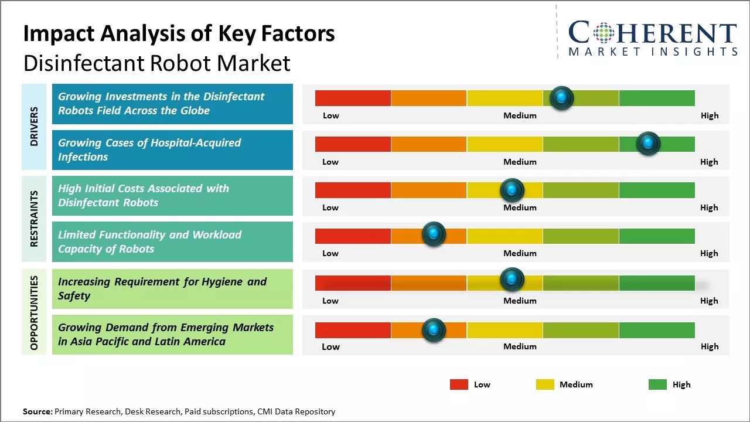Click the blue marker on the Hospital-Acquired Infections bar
coord(648,144)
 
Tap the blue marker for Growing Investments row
coord(562,98)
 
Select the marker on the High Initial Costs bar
coord(512,190)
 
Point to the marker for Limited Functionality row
coord(434,234)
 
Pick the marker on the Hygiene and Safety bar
coord(512,280)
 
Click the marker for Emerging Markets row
coord(434,330)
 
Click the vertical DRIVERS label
coord(34,127)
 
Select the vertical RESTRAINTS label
coord(34,219)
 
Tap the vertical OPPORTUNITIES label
coord(34,312)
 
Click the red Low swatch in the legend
coord(459,384)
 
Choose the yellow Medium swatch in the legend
coord(545,384)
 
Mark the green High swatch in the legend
coord(657,384)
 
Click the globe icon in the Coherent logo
coord(604,33)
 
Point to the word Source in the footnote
coord(37,411)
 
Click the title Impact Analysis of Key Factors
coord(179,34)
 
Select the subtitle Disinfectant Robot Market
coord(156,63)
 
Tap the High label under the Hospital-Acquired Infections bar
coord(709,162)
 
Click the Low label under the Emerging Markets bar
coord(330,346)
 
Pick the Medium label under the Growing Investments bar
coord(520,115)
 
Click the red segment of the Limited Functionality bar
coord(353,236)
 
